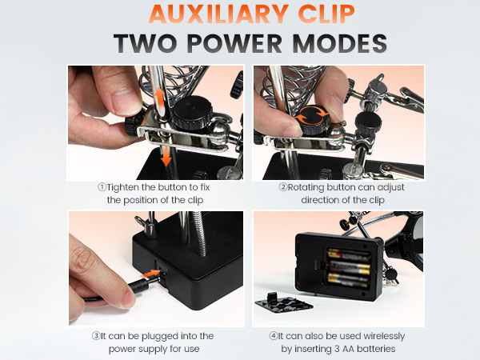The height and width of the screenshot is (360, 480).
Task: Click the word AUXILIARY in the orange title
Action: click(x=219, y=14)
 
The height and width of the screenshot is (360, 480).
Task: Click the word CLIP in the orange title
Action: click(x=326, y=14)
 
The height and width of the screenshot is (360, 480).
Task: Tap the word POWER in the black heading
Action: click(x=234, y=43)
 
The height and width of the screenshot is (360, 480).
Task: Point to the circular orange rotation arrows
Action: click(x=312, y=115)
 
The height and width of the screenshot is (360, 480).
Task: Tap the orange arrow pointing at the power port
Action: click(x=151, y=273)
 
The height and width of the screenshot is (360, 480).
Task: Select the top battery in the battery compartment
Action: click(x=348, y=255)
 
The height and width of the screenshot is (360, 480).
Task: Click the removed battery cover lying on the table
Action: click(x=283, y=302)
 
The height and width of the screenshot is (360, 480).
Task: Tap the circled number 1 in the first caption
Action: click(x=102, y=186)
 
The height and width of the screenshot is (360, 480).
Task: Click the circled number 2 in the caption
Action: click(x=283, y=186)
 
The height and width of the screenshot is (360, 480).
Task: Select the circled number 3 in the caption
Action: click(x=96, y=336)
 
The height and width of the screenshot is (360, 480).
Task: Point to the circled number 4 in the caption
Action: click(x=274, y=336)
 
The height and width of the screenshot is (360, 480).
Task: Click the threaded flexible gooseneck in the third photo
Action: click(x=199, y=234)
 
